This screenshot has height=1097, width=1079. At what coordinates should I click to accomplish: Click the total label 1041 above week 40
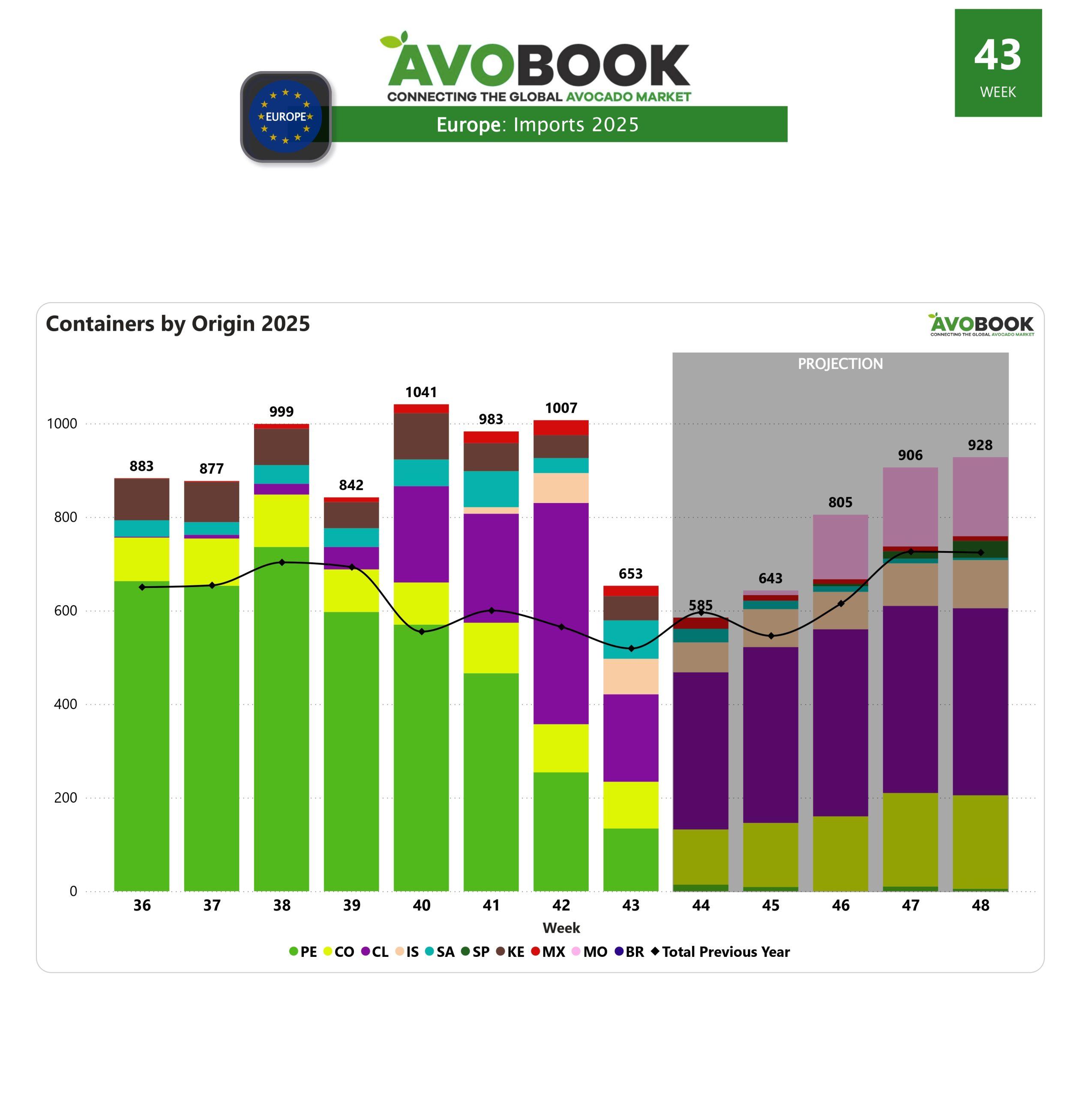tap(421, 392)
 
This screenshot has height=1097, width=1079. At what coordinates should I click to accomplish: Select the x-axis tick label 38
tap(282, 905)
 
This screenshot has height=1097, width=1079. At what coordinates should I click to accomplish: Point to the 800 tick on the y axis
tap(65, 517)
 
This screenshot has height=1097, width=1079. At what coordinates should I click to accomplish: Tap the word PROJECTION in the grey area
tap(840, 364)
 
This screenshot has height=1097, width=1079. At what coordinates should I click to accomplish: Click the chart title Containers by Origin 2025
tap(178, 324)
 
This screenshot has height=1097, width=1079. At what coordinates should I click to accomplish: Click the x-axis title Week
tap(561, 928)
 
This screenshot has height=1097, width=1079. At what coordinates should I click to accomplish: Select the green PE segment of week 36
tap(142, 737)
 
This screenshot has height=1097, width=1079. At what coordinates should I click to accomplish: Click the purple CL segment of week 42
tap(561, 612)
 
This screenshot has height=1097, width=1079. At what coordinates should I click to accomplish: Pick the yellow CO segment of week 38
tap(282, 520)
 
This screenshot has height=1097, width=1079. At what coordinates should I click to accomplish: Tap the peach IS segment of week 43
tap(631, 676)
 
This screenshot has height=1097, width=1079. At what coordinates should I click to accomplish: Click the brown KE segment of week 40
tap(421, 436)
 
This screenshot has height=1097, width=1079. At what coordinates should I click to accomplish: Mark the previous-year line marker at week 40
tap(422, 632)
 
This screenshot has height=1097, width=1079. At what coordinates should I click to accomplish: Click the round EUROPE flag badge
tap(286, 117)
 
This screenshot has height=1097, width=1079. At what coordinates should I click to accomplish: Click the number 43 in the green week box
tap(998, 56)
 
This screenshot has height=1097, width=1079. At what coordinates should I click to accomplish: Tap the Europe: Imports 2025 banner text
tap(537, 125)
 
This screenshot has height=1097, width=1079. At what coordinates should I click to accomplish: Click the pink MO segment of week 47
tap(910, 506)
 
